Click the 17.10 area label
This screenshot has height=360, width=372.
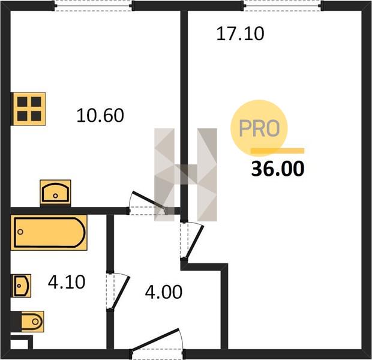coord(240,34)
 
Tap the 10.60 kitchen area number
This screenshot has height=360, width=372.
coord(100,115)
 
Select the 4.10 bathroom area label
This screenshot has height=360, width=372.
coord(67,282)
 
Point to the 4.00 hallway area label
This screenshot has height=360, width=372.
coord(164,292)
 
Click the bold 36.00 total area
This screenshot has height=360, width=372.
coord(278,169)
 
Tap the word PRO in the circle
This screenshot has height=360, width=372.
coord(259,128)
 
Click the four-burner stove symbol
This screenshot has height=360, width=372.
coord(29,109)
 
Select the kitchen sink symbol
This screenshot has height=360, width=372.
coord(56,192)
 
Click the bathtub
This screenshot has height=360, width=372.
coord(49,232)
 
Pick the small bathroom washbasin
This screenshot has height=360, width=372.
coord(22,286)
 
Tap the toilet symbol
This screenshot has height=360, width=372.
coord(29,322)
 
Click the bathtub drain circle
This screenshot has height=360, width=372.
coord(20,232)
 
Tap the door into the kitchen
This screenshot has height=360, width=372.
coord(148,203)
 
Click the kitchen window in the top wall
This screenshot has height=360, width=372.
coord(94,5)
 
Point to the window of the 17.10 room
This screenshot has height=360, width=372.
coord(283,5)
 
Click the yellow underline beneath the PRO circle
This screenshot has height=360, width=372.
coord(278,151)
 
